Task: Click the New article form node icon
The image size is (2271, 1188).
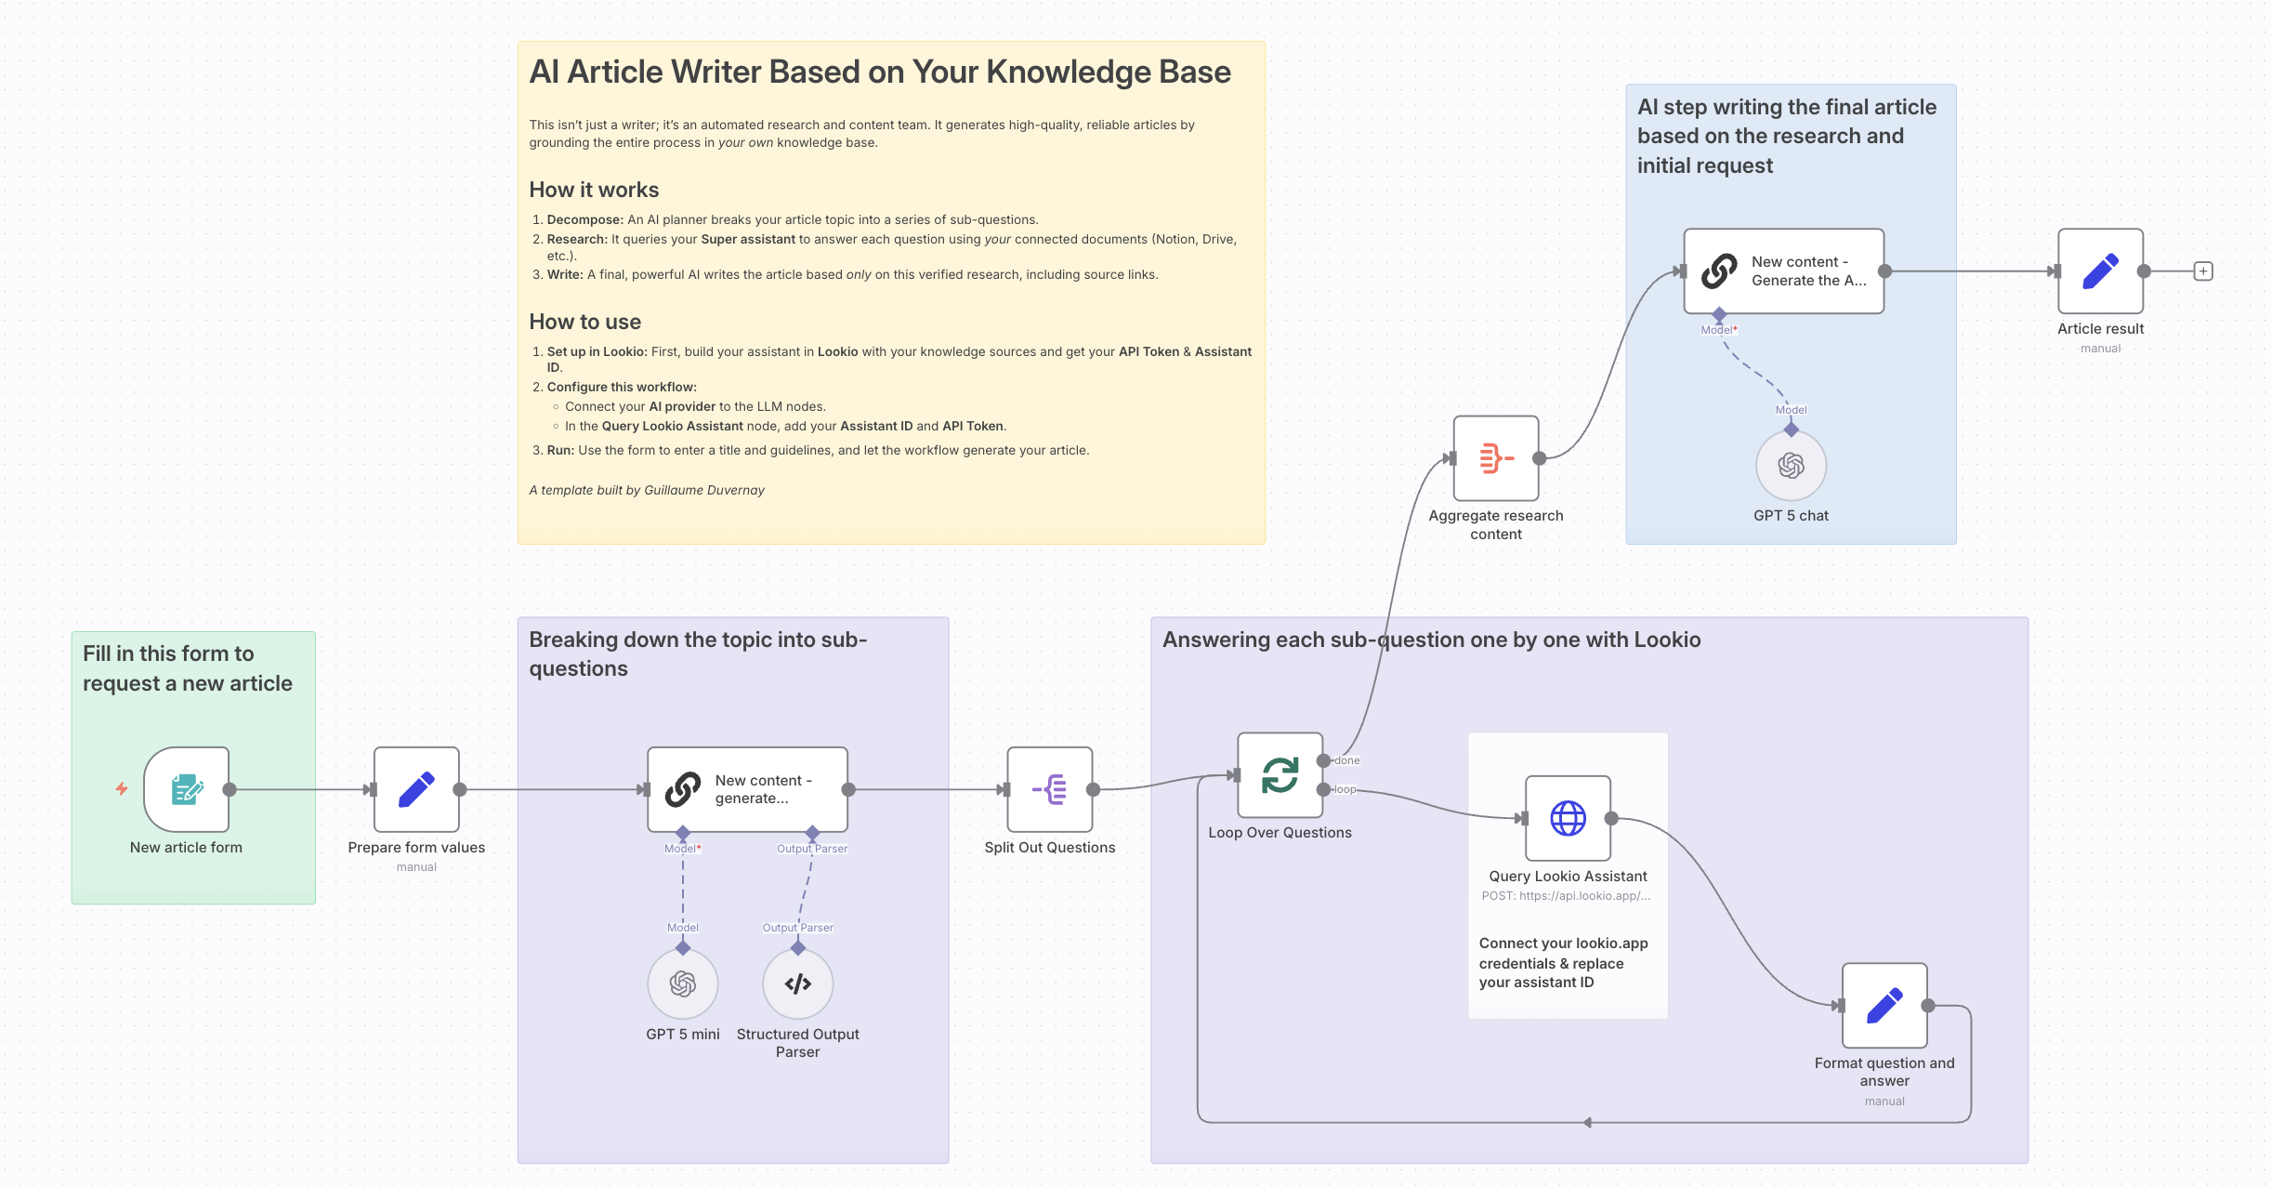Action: click(x=187, y=789)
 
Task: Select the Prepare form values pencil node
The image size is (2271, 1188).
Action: click(x=416, y=789)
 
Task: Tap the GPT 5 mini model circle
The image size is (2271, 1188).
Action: click(x=683, y=983)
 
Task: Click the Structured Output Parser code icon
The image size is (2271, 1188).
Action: click(x=797, y=983)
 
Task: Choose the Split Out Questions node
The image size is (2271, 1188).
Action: click(x=1050, y=789)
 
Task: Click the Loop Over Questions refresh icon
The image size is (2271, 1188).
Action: click(x=1280, y=775)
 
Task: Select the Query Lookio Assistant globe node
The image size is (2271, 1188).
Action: click(x=1568, y=818)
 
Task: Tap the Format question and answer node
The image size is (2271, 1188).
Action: click(x=1884, y=1005)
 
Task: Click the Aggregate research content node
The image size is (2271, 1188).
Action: click(x=1496, y=458)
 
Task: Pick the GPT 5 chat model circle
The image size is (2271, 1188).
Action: click(x=1791, y=465)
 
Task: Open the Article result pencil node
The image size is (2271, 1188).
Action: click(x=2100, y=271)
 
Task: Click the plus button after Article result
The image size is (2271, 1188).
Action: click(x=2203, y=271)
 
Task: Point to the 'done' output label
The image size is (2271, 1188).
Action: click(x=1347, y=760)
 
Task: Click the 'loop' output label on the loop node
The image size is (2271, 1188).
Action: click(x=1346, y=789)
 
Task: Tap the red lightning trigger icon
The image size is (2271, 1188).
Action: click(x=122, y=788)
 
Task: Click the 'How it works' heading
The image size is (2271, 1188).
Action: click(x=594, y=190)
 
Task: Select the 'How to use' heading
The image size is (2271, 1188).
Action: click(x=584, y=322)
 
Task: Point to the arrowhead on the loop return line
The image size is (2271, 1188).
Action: click(x=1587, y=1122)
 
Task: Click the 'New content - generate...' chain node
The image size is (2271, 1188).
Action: click(x=747, y=789)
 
